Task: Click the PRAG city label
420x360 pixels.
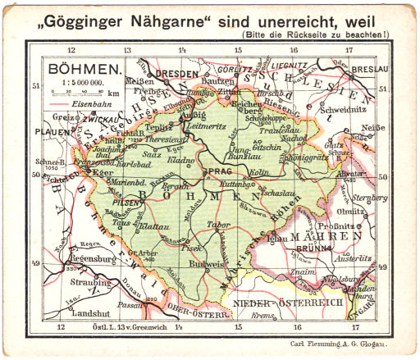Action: (x=222, y=171)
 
